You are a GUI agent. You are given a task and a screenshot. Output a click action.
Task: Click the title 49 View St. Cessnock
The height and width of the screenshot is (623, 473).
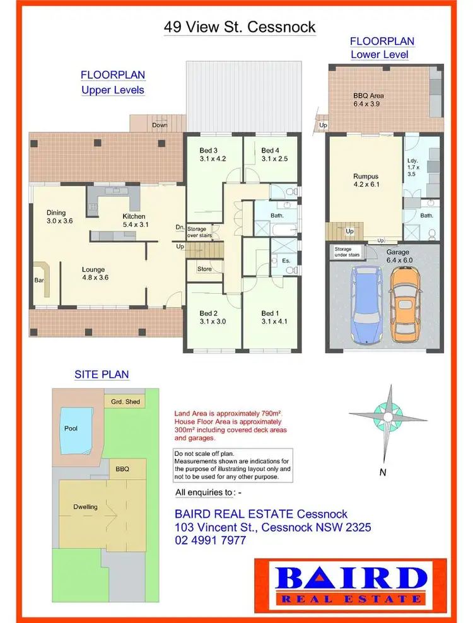point(239,27)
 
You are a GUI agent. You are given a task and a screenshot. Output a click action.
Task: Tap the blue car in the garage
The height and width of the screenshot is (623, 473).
point(367,305)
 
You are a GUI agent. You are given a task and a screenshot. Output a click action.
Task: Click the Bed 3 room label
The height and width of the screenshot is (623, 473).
point(212,154)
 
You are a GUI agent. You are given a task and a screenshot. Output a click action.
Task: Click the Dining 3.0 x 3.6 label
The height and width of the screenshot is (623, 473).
point(60,217)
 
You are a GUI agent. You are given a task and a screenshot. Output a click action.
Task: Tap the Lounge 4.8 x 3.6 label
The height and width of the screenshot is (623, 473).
point(95,273)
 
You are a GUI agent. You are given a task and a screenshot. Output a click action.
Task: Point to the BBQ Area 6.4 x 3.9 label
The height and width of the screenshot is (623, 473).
point(368,100)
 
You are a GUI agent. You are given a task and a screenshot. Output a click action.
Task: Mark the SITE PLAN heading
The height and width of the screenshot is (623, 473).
point(102,374)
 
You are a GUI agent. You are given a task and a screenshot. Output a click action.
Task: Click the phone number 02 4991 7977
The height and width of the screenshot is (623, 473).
point(211,540)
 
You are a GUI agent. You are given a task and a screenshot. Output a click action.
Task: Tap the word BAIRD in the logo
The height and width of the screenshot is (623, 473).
point(350,578)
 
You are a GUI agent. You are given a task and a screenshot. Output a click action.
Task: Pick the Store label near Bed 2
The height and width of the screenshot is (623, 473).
point(204,269)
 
